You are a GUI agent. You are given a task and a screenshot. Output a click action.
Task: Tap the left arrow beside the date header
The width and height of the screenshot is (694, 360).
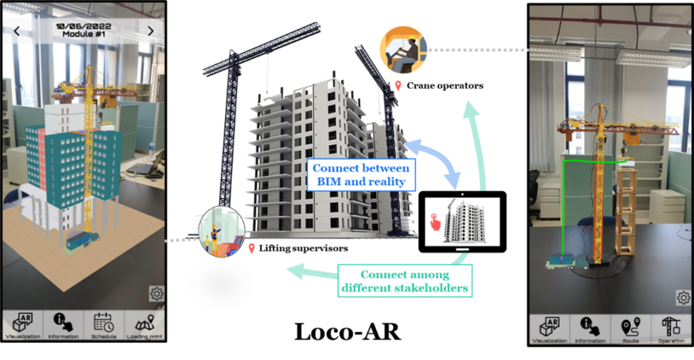point(16,31)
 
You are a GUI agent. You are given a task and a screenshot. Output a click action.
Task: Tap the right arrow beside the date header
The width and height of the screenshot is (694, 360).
point(150,31)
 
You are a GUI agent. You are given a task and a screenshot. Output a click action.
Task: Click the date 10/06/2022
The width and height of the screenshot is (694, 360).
point(83,26)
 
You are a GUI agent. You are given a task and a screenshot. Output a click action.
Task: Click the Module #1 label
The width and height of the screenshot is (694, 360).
point(83,35)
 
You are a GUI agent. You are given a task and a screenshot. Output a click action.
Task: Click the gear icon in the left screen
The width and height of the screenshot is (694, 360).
point(157,294)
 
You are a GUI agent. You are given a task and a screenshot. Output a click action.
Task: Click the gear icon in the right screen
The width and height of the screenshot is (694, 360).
point(682,298)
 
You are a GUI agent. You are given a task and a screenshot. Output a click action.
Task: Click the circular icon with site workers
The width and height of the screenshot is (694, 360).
point(222,232)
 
